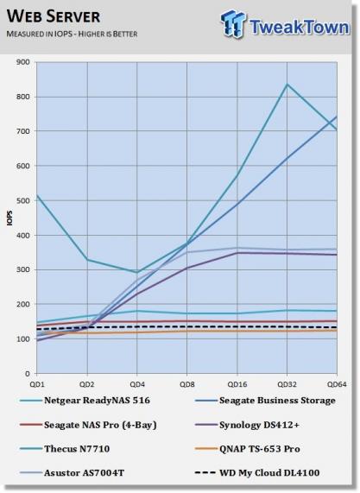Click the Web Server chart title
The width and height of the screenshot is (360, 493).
(54, 16)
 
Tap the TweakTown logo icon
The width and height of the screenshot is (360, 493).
(233, 23)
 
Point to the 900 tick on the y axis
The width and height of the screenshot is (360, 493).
(23, 62)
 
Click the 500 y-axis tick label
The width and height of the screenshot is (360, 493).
(23, 200)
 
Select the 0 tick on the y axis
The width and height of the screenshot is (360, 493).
(28, 374)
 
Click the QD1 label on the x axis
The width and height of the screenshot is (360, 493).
(37, 384)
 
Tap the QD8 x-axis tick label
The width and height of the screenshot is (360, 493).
(186, 384)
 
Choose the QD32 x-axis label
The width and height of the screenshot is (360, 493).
(287, 384)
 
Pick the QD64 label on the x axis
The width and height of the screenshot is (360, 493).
(337, 384)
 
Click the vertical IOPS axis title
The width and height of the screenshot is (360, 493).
(9, 218)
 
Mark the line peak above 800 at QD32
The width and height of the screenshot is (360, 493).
(287, 84)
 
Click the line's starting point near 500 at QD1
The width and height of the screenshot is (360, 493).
(37, 195)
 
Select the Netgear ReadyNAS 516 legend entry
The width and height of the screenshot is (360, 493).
(85, 401)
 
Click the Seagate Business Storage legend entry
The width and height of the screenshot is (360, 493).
(265, 401)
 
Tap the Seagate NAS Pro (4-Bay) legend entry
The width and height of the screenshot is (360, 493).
(88, 425)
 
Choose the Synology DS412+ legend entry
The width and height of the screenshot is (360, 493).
(247, 425)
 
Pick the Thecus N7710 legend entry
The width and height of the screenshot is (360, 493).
(65, 449)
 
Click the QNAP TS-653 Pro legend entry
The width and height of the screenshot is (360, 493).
(248, 449)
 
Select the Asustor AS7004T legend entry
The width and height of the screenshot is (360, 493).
(72, 473)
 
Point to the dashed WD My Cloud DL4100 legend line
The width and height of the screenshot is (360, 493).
(205, 473)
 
